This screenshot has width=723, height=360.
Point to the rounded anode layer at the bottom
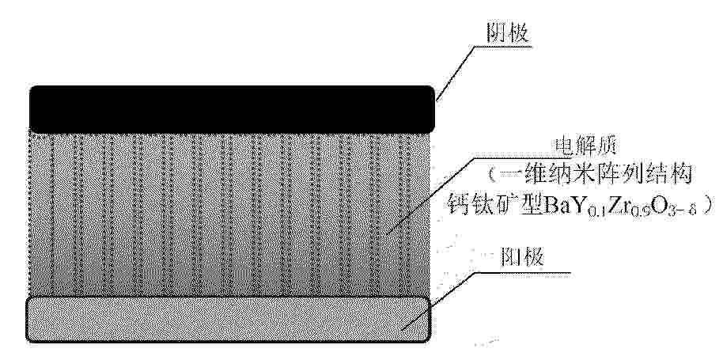[x=229, y=319]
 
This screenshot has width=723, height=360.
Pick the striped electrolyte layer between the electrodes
[x=229, y=214]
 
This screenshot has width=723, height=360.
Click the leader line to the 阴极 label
[x=456, y=75]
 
